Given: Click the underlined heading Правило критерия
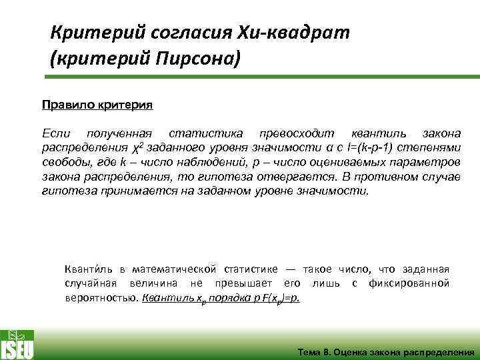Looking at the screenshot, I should tap(97, 105).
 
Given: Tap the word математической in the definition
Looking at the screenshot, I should tap(175, 269).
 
